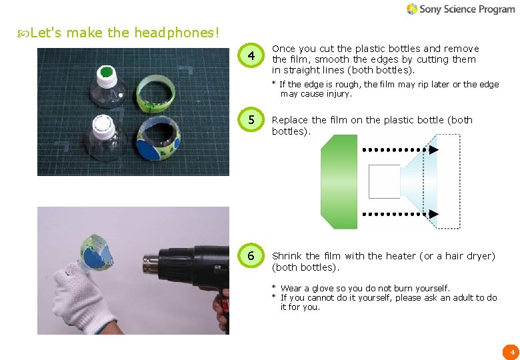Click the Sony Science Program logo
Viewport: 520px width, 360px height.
coord(461,9)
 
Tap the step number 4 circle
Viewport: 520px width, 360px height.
coord(251,57)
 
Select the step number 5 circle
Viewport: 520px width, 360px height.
coord(251,121)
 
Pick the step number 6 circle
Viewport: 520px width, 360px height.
coord(251,256)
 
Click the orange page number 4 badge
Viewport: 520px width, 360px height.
coord(511,351)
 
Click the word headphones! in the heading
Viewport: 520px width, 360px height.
coord(177,32)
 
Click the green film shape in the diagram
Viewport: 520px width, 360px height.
coord(339,181)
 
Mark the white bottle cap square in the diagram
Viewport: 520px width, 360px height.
coord(384,181)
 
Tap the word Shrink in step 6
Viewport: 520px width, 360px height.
coord(287,256)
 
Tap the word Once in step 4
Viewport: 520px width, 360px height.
coord(283,49)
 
